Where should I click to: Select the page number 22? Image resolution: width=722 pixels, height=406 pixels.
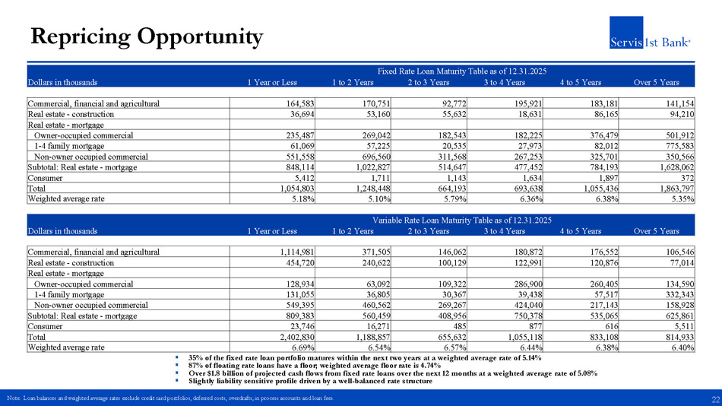pos(715,400)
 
